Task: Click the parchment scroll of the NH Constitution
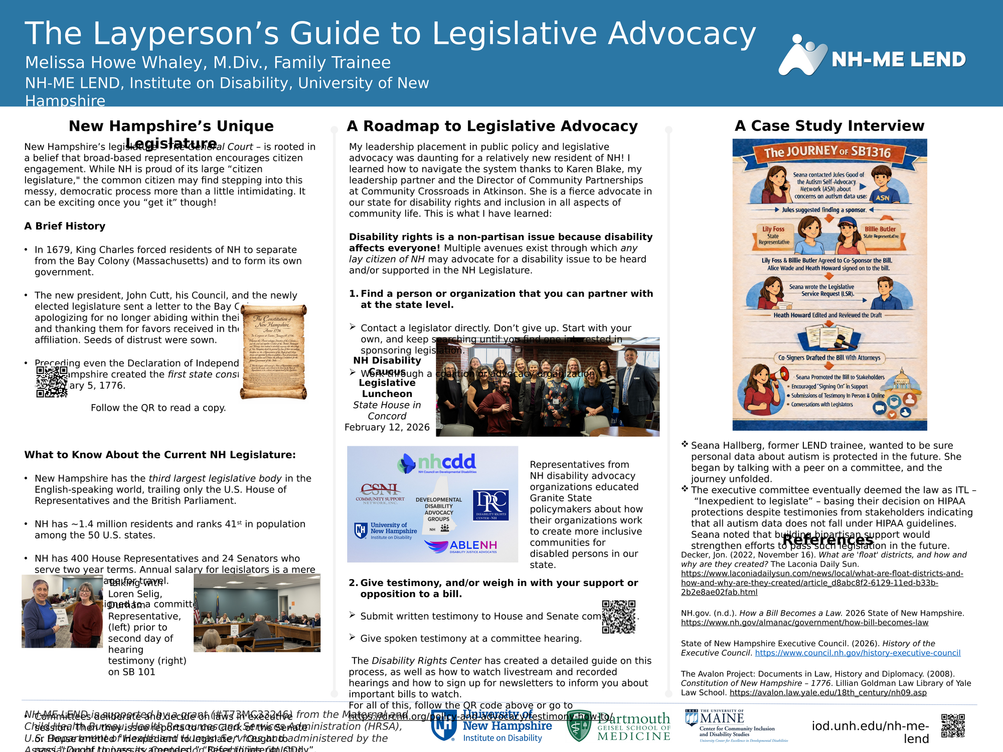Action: (x=273, y=351)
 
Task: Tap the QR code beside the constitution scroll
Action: (x=52, y=382)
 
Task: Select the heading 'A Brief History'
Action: (x=65, y=226)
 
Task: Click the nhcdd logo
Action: (x=437, y=463)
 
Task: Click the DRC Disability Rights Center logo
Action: (x=491, y=505)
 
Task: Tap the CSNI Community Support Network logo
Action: (x=380, y=493)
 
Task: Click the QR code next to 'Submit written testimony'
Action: (x=618, y=617)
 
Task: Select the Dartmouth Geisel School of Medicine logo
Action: (x=618, y=726)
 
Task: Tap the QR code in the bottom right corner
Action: (x=953, y=726)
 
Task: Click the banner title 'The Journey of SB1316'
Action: (x=827, y=152)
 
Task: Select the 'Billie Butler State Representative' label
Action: (x=881, y=232)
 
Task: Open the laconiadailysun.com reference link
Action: (x=821, y=583)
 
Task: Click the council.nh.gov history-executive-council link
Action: (x=858, y=653)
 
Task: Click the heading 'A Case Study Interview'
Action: (x=829, y=126)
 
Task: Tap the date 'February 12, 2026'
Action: (x=387, y=427)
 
